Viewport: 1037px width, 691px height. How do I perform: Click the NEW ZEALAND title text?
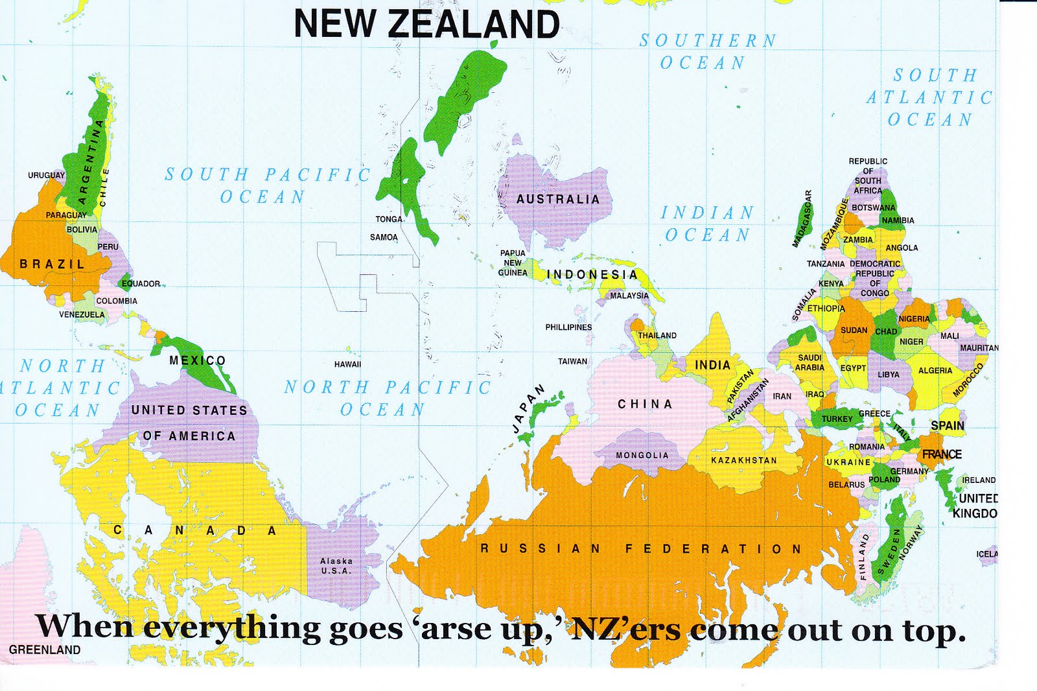click(426, 24)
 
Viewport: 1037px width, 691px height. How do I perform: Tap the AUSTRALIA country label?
click(558, 199)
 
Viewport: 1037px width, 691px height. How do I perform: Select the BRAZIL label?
click(52, 264)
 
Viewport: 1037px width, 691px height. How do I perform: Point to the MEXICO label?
click(198, 360)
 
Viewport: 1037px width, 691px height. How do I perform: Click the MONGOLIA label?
click(642, 455)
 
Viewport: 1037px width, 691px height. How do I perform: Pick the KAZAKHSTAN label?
click(744, 460)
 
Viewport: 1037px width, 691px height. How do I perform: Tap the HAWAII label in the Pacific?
click(348, 364)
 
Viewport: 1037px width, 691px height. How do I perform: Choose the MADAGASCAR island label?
click(802, 218)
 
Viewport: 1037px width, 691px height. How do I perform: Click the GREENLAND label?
click(45, 650)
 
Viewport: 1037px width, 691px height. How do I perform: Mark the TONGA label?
click(389, 219)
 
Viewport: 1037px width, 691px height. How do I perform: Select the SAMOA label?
click(384, 237)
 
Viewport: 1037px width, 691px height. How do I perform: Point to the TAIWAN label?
click(573, 361)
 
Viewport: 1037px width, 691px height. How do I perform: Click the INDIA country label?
click(712, 365)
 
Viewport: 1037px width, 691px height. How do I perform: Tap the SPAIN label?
click(948, 426)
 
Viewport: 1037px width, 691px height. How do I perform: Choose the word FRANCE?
click(942, 454)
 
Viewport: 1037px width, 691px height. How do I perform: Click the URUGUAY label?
click(46, 175)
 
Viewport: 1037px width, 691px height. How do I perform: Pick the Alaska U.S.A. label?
click(336, 566)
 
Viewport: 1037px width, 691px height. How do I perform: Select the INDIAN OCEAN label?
click(707, 224)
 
